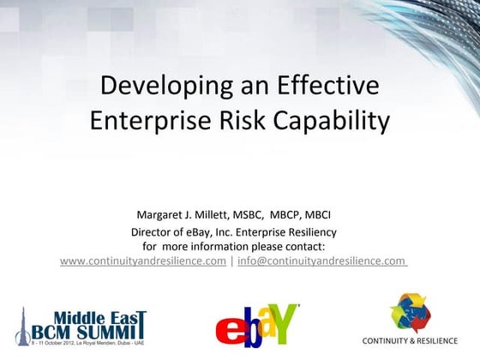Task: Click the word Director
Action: (151, 231)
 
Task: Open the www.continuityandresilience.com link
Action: (143, 261)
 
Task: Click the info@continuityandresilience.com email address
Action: (321, 261)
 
